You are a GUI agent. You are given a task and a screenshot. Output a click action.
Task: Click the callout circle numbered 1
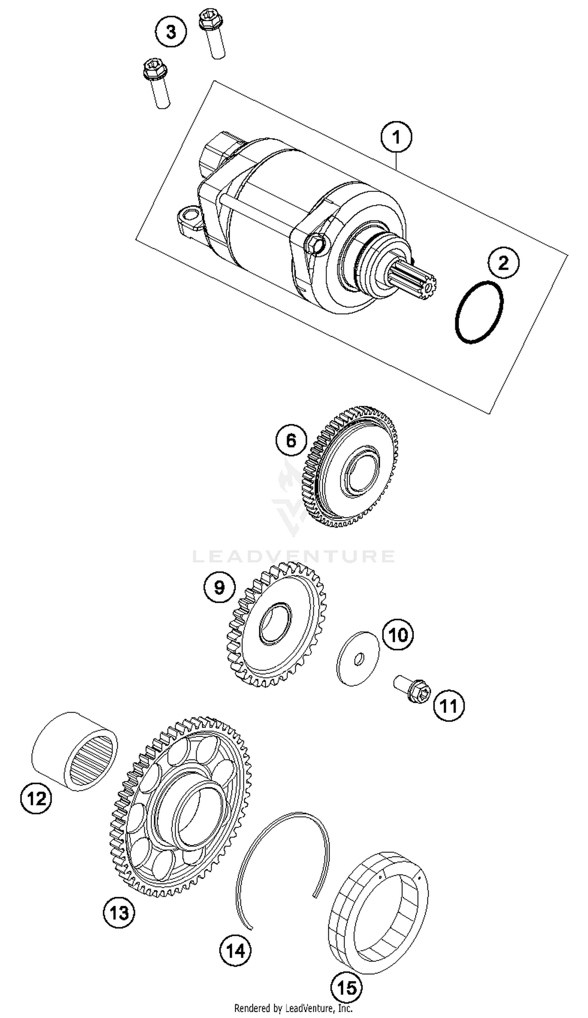tap(396, 137)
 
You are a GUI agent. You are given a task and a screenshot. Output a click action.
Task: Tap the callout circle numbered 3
tap(171, 31)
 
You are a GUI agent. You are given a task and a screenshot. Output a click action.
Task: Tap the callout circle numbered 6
tap(291, 440)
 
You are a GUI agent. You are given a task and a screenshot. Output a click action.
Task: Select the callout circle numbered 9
tap(219, 587)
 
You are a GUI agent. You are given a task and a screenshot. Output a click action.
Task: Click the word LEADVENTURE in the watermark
tap(293, 556)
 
